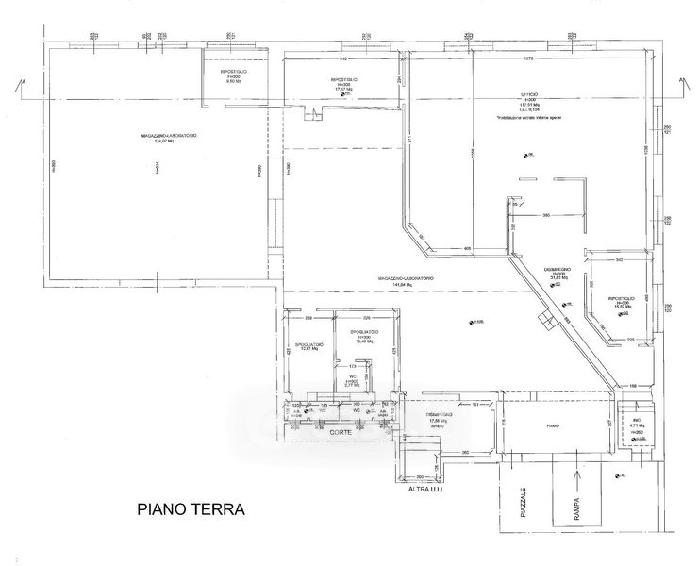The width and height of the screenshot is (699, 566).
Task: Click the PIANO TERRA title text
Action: point(191,509)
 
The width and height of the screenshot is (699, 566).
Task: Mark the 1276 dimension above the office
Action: point(528,59)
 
